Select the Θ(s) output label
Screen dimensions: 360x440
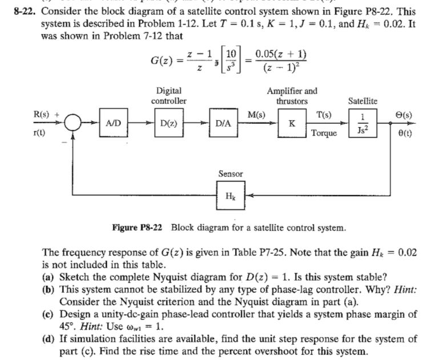pyautogui.click(x=406, y=115)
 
